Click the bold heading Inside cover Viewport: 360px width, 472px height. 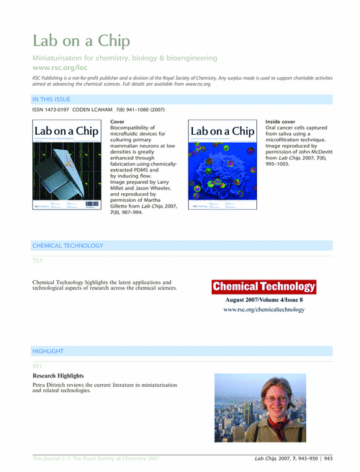[280, 122]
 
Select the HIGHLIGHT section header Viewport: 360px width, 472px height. [48, 351]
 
